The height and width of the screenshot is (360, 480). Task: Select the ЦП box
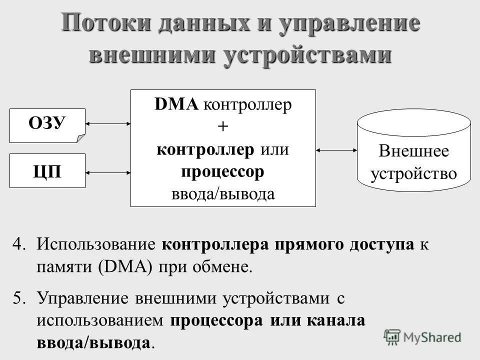pyautogui.click(x=47, y=170)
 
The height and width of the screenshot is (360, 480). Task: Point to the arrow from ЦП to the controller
pyautogui.click(x=108, y=172)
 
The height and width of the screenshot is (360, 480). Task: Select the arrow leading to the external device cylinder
pyautogui.click(x=336, y=149)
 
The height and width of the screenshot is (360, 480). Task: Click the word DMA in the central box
pyautogui.click(x=177, y=105)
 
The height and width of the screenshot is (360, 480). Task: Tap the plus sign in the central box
pyautogui.click(x=222, y=127)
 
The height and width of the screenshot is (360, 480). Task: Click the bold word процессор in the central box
pyautogui.click(x=222, y=171)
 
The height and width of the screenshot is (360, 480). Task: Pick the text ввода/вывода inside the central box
pyautogui.click(x=222, y=193)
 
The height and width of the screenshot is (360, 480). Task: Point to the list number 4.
pyautogui.click(x=19, y=245)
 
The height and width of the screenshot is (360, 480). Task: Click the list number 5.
pyautogui.click(x=19, y=298)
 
